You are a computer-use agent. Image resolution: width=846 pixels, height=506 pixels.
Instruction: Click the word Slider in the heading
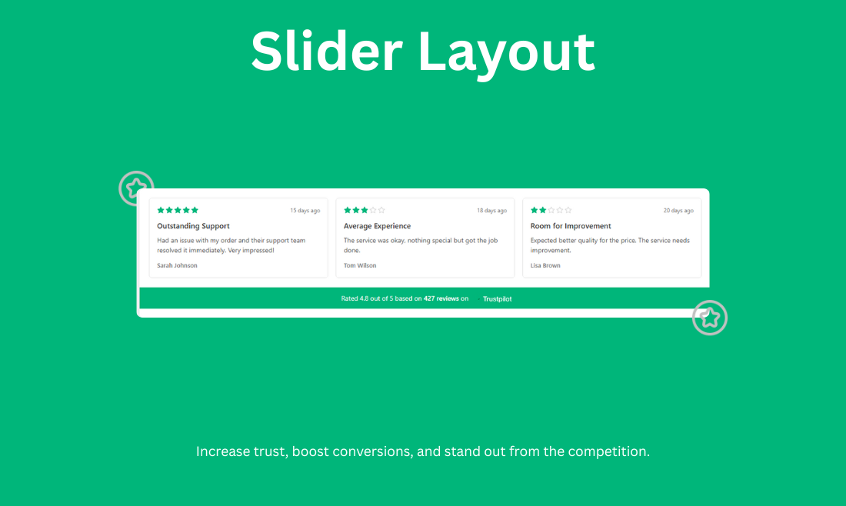[326, 52]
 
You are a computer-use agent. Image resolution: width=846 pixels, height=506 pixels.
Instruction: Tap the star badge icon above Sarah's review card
[136, 188]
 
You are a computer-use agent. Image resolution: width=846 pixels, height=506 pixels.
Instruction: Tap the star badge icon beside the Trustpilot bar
[709, 317]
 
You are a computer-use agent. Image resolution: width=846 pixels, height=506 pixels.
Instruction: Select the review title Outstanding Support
[193, 226]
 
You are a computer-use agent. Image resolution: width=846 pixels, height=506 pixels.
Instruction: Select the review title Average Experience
[377, 226]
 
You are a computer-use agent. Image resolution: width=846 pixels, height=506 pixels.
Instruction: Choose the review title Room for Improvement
[571, 226]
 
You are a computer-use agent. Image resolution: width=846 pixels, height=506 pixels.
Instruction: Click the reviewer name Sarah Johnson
[177, 265]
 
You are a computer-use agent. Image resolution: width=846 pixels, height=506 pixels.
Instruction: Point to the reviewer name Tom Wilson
[360, 265]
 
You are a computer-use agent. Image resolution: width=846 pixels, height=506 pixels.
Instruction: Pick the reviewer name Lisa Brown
[545, 265]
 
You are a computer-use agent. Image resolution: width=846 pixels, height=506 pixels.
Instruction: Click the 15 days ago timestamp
[305, 211]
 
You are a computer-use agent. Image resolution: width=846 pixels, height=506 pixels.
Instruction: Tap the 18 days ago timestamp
[491, 211]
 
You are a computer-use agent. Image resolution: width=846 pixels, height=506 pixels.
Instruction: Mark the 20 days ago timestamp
[678, 211]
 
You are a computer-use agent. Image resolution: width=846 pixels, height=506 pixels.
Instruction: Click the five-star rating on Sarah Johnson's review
[178, 210]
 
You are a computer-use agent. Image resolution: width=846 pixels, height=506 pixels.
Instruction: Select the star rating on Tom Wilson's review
[365, 210]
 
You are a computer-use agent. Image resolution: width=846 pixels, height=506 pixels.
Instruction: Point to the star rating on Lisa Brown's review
[551, 210]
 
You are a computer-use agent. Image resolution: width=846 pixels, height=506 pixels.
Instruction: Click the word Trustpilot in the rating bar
[498, 298]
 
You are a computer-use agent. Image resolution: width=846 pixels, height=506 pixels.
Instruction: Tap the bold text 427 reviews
[441, 298]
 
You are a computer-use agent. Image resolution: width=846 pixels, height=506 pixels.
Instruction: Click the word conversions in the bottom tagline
[372, 451]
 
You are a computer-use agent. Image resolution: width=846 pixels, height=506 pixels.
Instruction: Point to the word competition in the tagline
[608, 451]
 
